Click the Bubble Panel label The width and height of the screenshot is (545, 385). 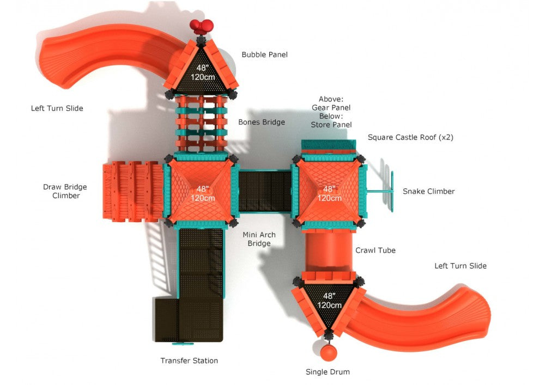[x=264, y=54]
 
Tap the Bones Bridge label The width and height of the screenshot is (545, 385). [x=262, y=122]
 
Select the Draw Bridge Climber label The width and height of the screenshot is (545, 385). [x=65, y=191]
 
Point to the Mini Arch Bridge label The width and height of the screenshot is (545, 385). [x=259, y=239]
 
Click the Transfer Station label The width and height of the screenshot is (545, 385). [x=189, y=360]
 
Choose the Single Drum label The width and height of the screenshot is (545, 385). [x=327, y=372]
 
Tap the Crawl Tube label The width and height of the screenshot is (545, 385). [x=376, y=250]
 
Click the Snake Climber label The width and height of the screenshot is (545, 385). [x=428, y=191]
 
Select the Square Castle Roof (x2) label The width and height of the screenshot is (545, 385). [x=410, y=137]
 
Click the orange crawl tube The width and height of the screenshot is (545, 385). [x=328, y=252]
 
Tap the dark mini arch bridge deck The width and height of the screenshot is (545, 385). [x=265, y=191]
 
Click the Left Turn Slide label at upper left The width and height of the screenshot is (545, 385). [x=57, y=108]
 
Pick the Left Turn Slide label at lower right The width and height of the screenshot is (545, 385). [x=461, y=266]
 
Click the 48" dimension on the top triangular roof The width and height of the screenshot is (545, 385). [x=202, y=68]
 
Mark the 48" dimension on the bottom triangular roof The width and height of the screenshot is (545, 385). [x=329, y=296]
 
